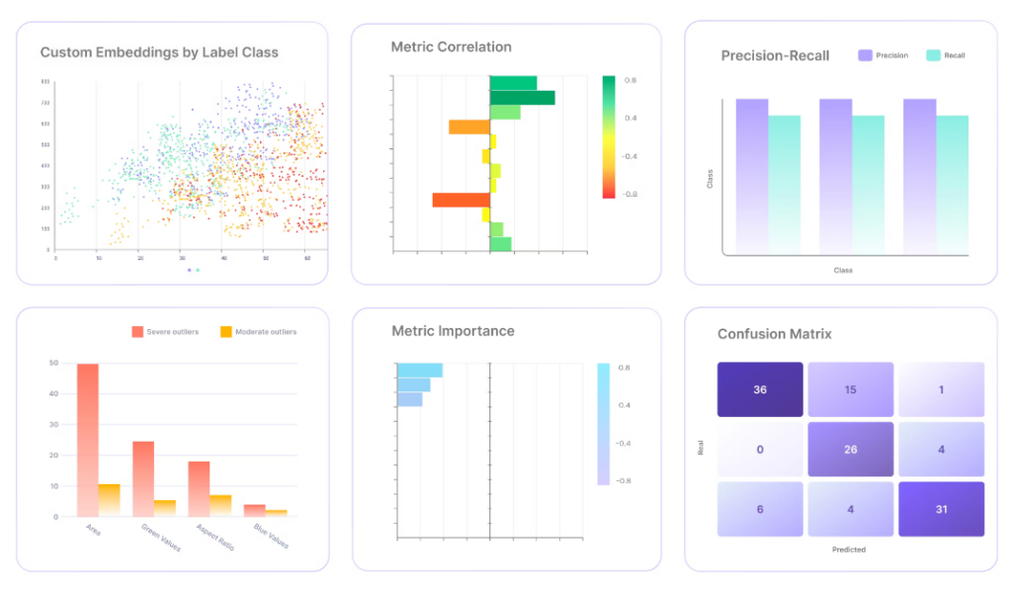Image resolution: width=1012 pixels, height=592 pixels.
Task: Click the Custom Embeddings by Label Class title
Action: [x=159, y=52]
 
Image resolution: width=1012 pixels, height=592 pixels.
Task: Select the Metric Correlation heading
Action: [x=451, y=46]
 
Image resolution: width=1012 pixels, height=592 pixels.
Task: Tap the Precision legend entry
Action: [x=884, y=55]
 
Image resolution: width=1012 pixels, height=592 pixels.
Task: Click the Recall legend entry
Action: [x=946, y=55]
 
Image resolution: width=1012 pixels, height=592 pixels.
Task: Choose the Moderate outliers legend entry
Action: [x=258, y=331]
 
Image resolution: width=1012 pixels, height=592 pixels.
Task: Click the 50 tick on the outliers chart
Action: [x=53, y=363]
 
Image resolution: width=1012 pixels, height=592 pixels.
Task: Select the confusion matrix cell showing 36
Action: [x=760, y=389]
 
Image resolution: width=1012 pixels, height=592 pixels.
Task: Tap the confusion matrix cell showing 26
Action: [x=850, y=450]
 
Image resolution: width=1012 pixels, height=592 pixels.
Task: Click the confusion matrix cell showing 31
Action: [x=941, y=509]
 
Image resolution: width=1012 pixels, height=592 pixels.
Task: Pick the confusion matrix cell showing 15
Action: [x=850, y=389]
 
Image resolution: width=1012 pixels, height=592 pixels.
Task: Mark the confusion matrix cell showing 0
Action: [x=760, y=450]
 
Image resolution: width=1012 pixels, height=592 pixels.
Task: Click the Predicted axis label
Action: [x=849, y=550]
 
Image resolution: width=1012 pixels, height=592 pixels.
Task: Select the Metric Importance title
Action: [x=453, y=331]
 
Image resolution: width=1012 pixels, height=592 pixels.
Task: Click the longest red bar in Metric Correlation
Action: [x=461, y=200]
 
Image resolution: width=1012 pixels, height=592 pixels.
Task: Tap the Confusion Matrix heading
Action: [x=775, y=334]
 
